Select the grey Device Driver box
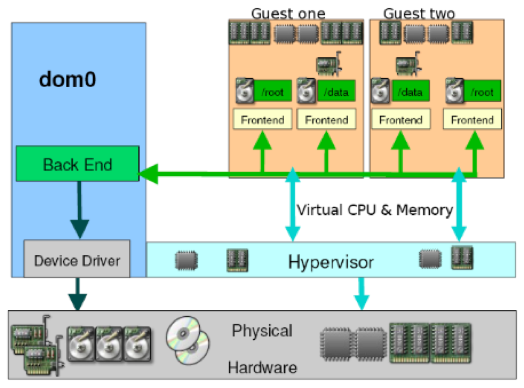click(77, 261)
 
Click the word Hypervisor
click(331, 262)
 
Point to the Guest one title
click(288, 13)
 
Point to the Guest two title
click(419, 13)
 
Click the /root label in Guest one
click(273, 93)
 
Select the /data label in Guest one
click(336, 93)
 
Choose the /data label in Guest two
click(410, 93)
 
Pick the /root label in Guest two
click(482, 93)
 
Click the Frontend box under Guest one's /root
click(262, 120)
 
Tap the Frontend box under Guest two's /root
click(472, 120)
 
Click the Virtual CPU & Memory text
click(374, 210)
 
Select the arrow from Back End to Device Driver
click(79, 209)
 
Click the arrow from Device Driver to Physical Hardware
click(77, 294)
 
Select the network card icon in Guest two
click(408, 65)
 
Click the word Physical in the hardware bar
click(262, 330)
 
